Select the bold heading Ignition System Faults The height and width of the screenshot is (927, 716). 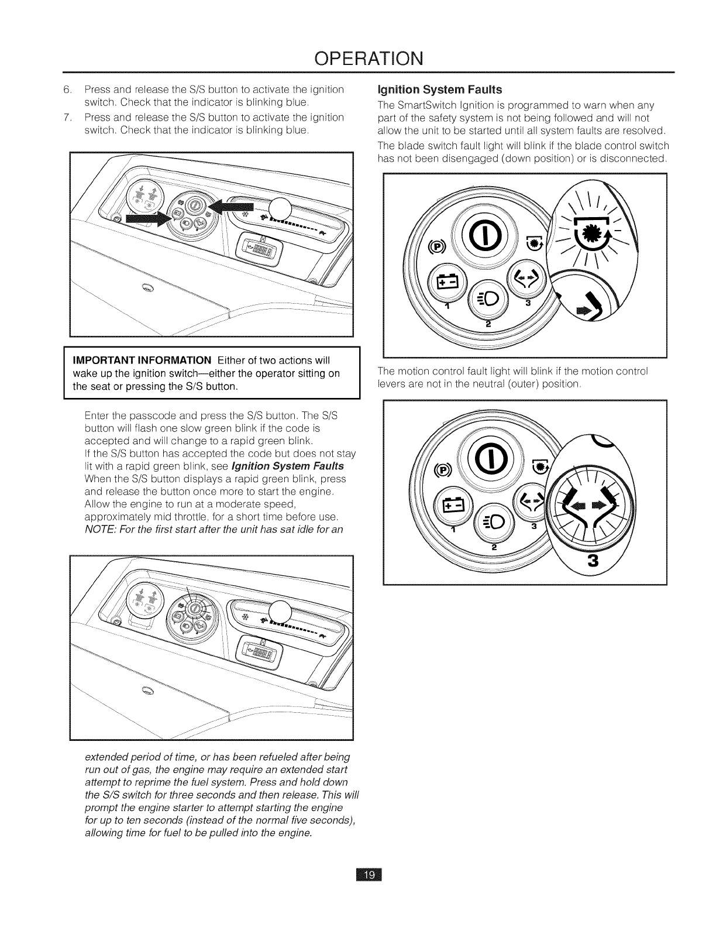pyautogui.click(x=440, y=90)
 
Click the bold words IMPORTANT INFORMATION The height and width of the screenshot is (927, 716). pyautogui.click(x=142, y=359)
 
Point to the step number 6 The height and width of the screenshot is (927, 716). pyautogui.click(x=66, y=90)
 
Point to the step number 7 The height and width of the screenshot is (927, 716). pyautogui.click(x=66, y=118)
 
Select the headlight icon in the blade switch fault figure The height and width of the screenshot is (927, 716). pyautogui.click(x=490, y=301)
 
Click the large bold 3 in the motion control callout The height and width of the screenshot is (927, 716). pyautogui.click(x=594, y=561)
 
